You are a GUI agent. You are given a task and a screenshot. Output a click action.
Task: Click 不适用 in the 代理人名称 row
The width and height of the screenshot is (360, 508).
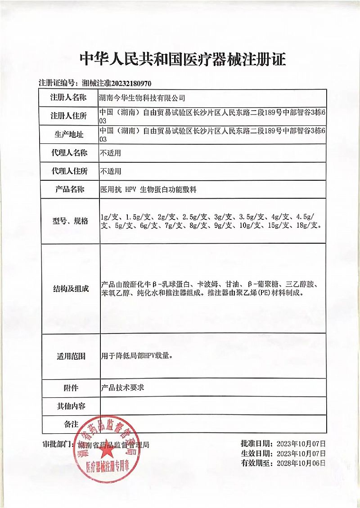[111, 153]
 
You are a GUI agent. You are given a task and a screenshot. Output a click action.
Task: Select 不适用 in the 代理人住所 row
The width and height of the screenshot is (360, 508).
[111, 171]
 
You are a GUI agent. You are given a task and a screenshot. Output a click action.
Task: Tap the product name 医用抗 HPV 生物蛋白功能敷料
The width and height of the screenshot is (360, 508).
[148, 190]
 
